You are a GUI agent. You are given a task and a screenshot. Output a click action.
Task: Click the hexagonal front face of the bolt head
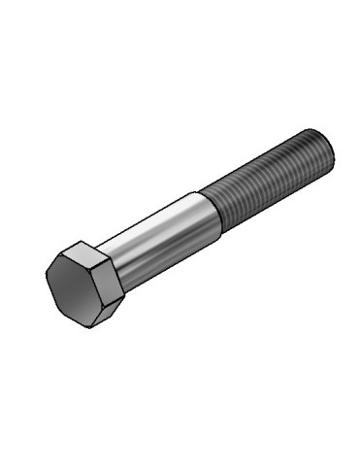77,285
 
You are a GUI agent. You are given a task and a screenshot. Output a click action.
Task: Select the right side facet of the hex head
113,276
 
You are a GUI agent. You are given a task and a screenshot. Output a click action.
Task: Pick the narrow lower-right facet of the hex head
110,309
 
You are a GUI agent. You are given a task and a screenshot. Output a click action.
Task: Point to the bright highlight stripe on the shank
155,231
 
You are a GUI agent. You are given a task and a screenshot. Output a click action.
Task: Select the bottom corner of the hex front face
90,326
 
